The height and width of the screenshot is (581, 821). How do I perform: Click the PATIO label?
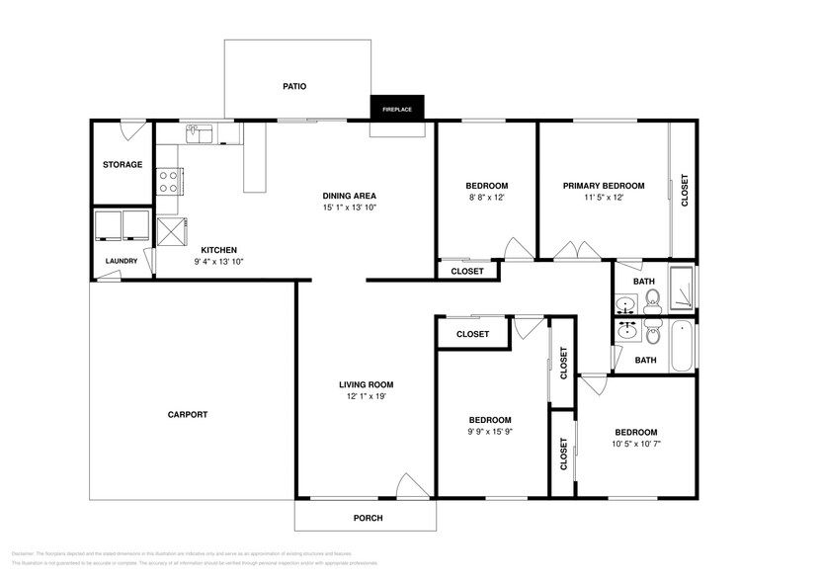[294, 87]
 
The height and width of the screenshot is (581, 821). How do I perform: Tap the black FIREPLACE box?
[398, 108]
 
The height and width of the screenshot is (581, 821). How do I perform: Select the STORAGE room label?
[123, 165]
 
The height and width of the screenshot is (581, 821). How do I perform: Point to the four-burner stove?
[168, 181]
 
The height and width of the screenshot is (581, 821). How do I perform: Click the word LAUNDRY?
[123, 262]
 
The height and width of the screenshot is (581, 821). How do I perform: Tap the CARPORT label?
[188, 415]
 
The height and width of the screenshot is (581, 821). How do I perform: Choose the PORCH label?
[368, 518]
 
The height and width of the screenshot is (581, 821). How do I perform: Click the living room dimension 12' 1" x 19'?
[367, 397]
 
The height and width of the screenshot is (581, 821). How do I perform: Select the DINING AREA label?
[350, 196]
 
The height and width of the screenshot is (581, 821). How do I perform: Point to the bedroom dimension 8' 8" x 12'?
[486, 198]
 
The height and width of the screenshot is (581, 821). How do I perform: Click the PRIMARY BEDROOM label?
[604, 186]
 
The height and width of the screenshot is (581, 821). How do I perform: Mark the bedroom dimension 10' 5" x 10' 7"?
[636, 445]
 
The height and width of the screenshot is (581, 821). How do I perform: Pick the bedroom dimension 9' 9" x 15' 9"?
[490, 432]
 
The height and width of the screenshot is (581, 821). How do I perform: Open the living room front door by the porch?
[413, 486]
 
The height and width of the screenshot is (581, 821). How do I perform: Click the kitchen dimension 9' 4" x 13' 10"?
[218, 262]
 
